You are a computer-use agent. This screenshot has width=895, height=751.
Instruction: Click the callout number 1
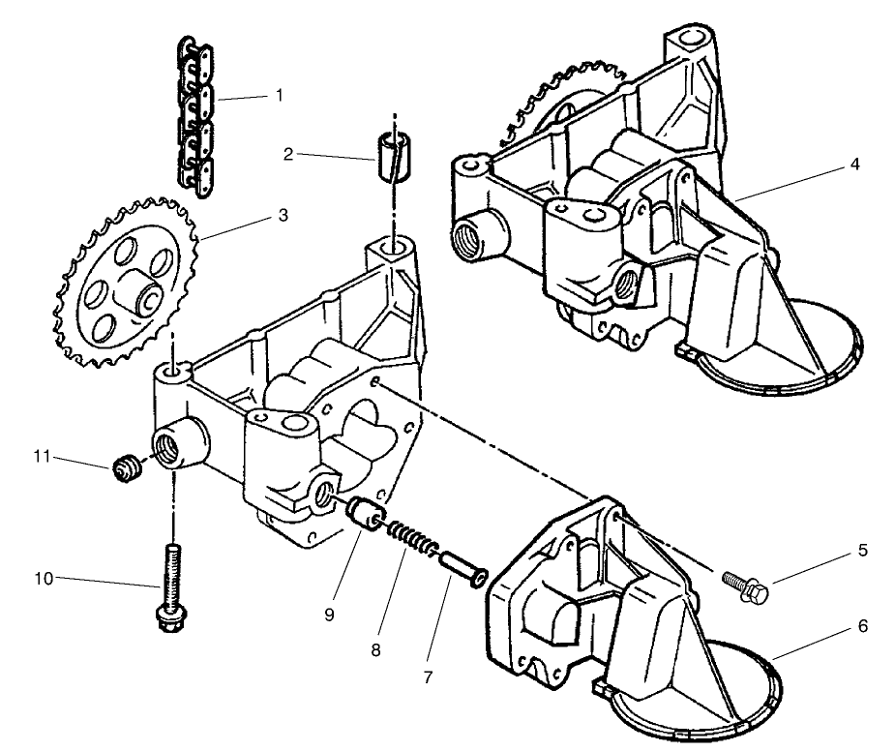[279, 95]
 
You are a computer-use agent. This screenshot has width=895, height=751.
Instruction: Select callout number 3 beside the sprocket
[283, 215]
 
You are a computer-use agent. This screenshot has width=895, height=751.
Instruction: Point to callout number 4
[854, 164]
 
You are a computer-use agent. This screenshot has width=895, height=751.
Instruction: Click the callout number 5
[861, 551]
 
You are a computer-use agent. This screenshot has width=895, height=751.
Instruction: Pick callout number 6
[861, 626]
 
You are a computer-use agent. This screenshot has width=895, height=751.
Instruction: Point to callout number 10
[43, 579]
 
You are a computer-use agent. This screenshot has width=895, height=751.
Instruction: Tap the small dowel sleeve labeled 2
[391, 154]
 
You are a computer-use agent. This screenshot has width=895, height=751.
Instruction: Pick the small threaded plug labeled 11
[123, 470]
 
